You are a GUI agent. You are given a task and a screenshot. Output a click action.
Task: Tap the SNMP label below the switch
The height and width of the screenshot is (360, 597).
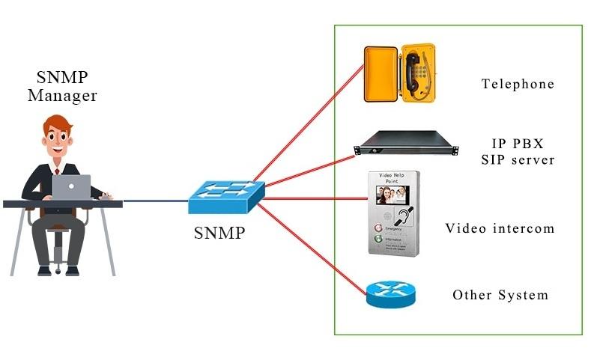tap(219, 233)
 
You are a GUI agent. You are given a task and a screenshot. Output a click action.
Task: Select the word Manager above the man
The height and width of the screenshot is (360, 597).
tap(62, 96)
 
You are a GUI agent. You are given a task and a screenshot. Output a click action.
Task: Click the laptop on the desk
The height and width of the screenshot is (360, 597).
tap(71, 187)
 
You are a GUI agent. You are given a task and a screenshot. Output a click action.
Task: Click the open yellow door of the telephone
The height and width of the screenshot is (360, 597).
tap(380, 74)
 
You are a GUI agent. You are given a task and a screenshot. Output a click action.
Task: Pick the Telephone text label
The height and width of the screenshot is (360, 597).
tap(518, 84)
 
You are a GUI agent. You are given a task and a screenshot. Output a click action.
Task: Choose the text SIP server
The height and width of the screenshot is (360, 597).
tap(518, 160)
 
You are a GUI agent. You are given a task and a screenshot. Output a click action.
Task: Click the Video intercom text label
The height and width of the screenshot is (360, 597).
tap(500, 228)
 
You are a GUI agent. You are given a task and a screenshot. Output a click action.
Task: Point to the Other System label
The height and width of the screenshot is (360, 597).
tap(500, 295)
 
